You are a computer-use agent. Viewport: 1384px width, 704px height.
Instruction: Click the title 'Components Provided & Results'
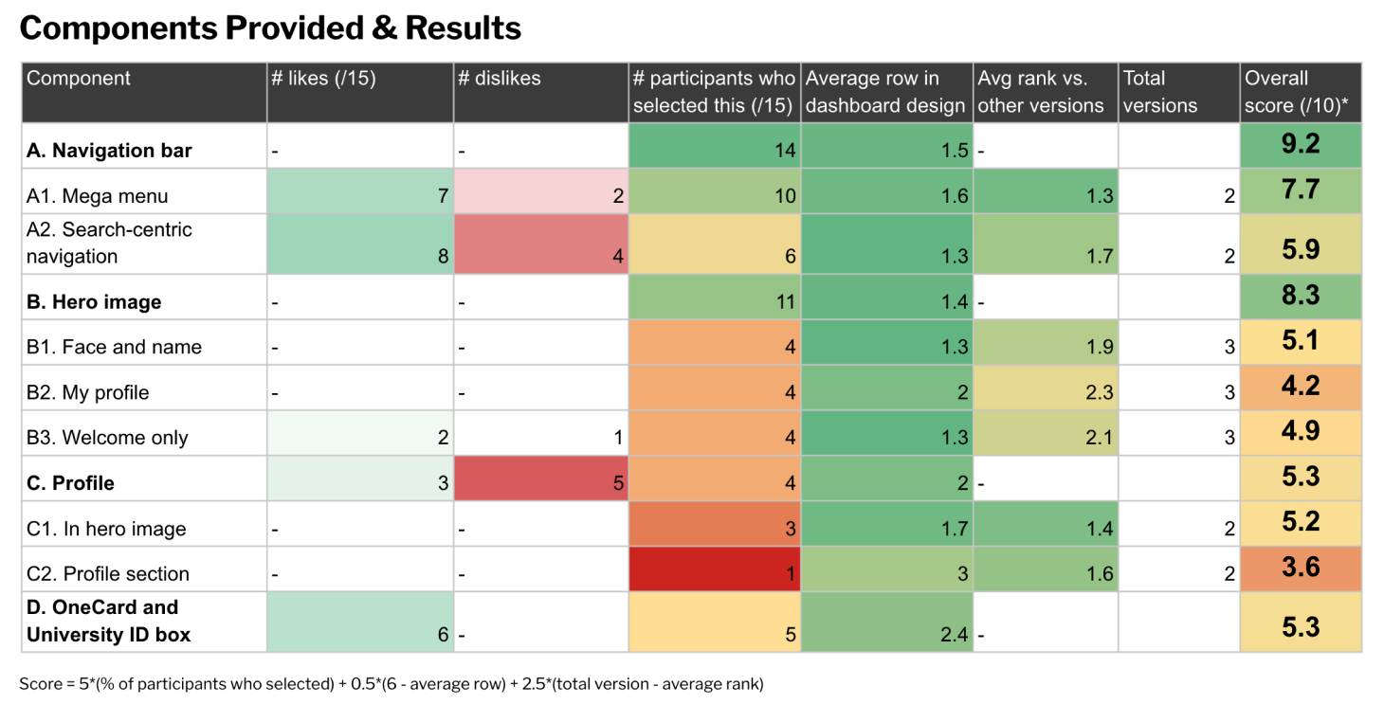(270, 28)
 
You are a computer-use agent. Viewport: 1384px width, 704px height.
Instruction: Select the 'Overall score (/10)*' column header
(1300, 92)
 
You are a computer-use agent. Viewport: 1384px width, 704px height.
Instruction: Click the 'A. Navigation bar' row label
(109, 151)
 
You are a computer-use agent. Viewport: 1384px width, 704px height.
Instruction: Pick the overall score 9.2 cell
(1300, 145)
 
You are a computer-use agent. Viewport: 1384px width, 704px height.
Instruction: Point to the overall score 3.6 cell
(1300, 568)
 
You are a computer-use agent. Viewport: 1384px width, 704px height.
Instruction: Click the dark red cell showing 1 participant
(715, 573)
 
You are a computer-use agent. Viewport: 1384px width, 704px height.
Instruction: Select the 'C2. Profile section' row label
(108, 574)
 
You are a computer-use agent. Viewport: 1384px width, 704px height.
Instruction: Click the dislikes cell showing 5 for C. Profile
(540, 482)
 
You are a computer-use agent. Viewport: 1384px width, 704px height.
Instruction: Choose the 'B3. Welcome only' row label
(107, 438)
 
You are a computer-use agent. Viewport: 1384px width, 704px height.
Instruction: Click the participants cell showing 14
(715, 151)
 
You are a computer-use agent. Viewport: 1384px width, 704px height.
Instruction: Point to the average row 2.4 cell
(887, 623)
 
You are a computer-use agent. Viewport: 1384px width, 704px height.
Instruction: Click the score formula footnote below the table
(391, 683)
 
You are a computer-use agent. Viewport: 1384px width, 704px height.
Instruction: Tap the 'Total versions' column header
(1178, 92)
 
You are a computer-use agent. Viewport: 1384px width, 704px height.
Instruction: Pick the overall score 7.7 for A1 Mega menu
(1300, 190)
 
